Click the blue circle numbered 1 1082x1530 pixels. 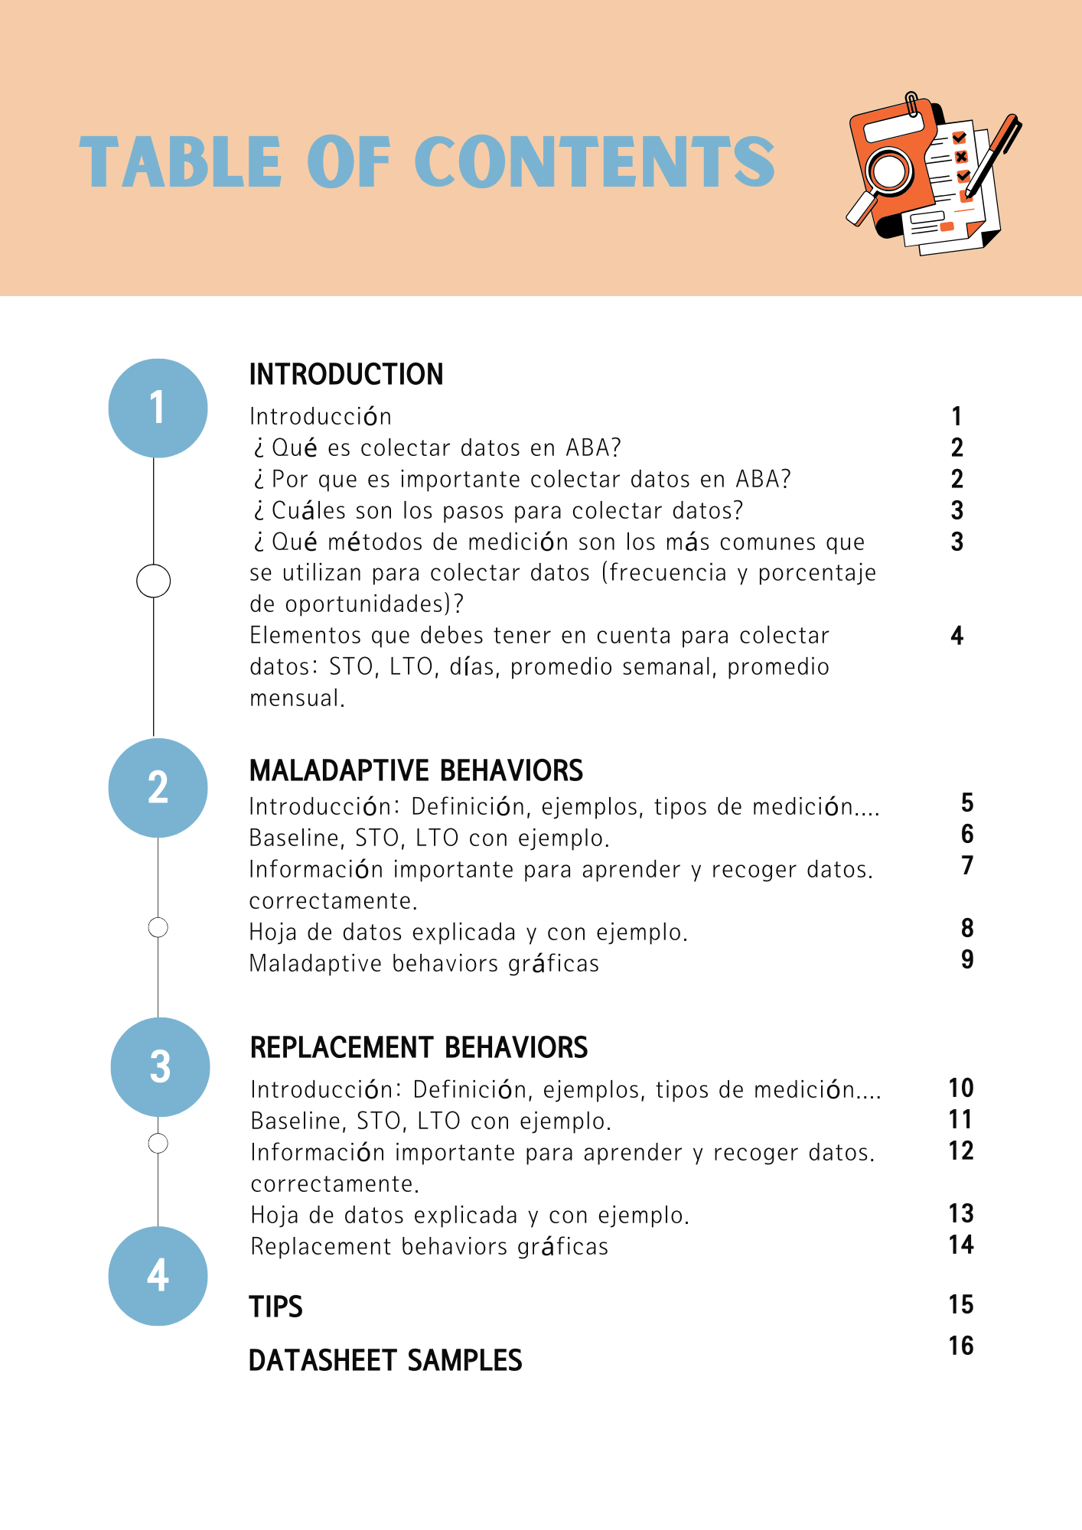(158, 408)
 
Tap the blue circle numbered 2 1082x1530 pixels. (158, 787)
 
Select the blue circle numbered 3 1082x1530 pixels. (160, 1066)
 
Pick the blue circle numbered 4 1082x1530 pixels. (158, 1275)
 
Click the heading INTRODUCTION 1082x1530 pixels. (346, 375)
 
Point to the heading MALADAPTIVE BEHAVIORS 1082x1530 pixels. (416, 770)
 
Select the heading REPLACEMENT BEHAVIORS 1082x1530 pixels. (419, 1047)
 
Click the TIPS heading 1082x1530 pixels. (275, 1307)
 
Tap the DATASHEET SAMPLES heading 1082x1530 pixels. (385, 1360)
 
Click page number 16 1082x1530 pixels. (960, 1346)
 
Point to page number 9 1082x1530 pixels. (967, 959)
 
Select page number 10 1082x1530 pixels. (960, 1088)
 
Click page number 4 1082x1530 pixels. (957, 636)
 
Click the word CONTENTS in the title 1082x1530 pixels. (595, 161)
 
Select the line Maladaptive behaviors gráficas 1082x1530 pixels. (424, 963)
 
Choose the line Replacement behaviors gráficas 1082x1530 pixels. (429, 1246)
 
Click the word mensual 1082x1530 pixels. (297, 698)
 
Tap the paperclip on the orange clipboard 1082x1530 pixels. (912, 105)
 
